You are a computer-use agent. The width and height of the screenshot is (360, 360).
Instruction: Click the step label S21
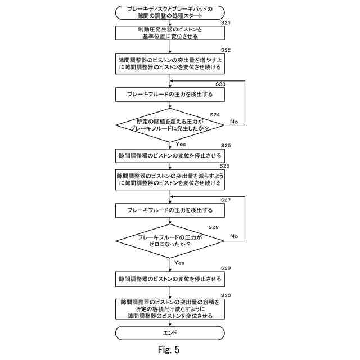point(226,22)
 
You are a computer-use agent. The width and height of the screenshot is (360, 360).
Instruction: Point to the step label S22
point(226,50)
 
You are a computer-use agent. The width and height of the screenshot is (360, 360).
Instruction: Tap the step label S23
point(220,84)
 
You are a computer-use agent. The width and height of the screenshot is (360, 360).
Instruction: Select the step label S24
point(215,115)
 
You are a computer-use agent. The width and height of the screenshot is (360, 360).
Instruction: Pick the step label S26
point(224,166)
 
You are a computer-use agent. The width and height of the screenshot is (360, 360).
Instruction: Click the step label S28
point(213,227)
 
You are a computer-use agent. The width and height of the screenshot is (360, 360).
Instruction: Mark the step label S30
point(226,295)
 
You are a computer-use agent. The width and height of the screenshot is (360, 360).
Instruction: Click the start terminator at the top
point(170,12)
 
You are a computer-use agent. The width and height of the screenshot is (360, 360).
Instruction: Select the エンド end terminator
point(170,333)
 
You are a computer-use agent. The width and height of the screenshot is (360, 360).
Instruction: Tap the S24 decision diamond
point(170,125)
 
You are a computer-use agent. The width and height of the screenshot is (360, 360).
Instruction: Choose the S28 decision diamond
point(170,241)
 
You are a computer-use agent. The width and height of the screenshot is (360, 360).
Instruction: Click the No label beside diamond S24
point(234,121)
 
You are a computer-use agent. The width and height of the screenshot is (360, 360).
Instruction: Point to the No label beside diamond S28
point(234,236)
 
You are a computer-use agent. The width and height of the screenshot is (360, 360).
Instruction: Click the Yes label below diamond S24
point(181,144)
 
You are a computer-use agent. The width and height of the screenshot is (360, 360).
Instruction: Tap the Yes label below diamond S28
point(179,263)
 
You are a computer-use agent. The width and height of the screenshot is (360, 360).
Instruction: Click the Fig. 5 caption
point(169,350)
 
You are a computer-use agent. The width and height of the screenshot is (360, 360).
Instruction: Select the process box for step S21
point(170,33)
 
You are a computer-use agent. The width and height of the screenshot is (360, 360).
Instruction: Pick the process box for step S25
point(170,156)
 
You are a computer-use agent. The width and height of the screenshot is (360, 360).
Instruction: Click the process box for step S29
point(170,279)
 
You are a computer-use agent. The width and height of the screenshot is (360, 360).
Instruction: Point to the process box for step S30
point(170,309)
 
